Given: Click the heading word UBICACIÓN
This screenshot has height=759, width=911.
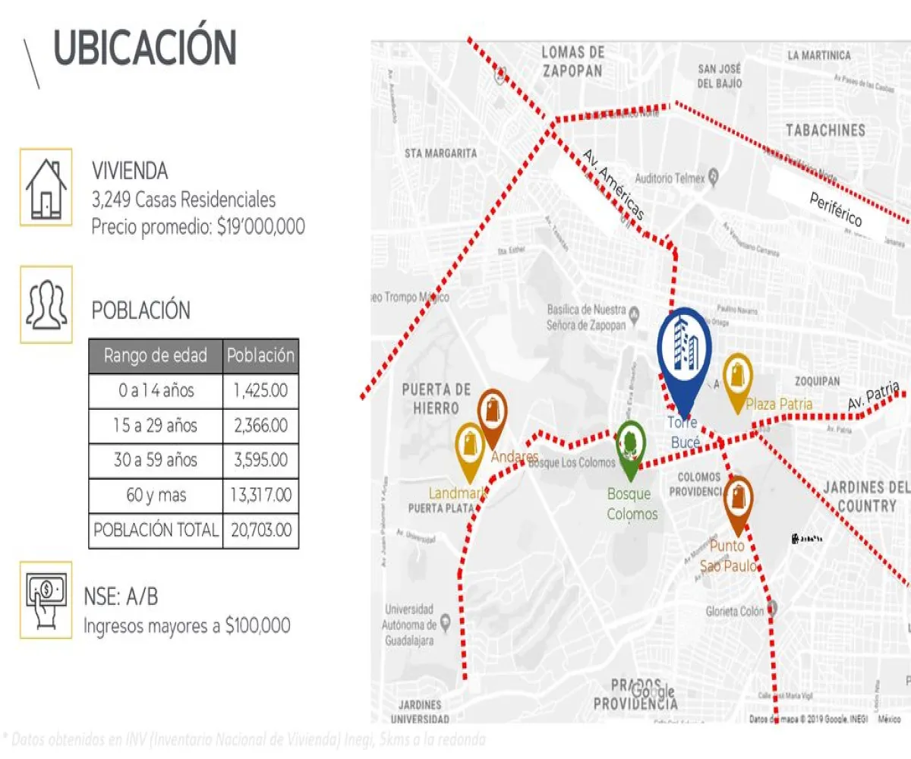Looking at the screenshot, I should (x=144, y=49).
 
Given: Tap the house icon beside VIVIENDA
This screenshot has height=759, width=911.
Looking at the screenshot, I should (x=46, y=187).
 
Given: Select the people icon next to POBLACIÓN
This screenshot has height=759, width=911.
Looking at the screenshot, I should (x=46, y=304).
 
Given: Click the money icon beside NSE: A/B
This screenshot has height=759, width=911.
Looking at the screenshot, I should (x=46, y=600).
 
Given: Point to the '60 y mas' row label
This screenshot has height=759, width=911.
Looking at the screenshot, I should (x=156, y=496).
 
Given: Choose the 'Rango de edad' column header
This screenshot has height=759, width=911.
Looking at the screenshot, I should (x=156, y=355).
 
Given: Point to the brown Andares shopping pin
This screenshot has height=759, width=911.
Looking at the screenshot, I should (x=493, y=416).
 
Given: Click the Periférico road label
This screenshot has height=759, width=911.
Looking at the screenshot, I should (x=835, y=210).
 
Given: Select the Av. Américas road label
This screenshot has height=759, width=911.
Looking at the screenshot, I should (x=613, y=184).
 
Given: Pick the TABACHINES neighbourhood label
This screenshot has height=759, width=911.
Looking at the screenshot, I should (x=825, y=131).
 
